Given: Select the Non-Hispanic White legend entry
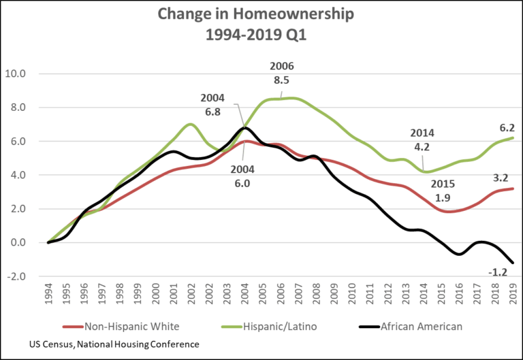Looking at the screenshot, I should click(x=129, y=327).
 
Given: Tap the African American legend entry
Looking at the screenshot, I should click(x=421, y=327).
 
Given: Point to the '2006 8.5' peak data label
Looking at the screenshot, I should click(x=282, y=73).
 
